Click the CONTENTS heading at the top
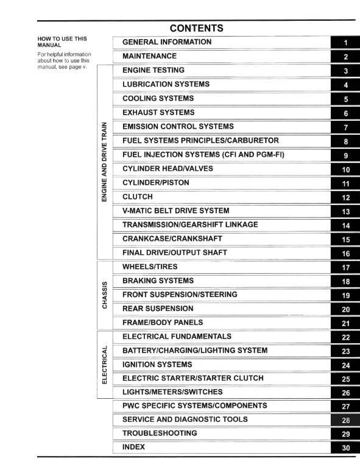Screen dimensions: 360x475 (x=196, y=28)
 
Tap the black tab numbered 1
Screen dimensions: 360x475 (x=345, y=43)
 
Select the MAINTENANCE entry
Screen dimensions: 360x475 (x=149, y=56)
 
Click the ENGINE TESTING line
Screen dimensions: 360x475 (x=153, y=70)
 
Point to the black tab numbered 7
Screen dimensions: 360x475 (x=345, y=127)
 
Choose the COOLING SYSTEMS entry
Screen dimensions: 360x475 (x=158, y=98)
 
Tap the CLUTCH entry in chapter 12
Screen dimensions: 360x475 (x=137, y=197)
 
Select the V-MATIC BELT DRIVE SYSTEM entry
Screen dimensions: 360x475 (x=175, y=211)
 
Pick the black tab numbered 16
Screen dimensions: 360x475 (x=345, y=253)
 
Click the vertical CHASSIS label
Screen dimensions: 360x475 (x=105, y=295)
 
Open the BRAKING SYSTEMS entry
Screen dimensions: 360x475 (x=158, y=280)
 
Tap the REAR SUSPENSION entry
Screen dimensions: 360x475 (x=157, y=309)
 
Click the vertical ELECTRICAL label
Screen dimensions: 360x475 (x=105, y=365)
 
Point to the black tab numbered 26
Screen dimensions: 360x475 (x=345, y=393)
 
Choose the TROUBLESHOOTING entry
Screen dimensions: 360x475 (x=160, y=433)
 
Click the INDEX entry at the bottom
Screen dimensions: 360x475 (x=133, y=447)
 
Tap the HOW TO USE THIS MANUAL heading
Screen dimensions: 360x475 (x=62, y=41)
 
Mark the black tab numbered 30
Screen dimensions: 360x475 (x=345, y=448)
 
